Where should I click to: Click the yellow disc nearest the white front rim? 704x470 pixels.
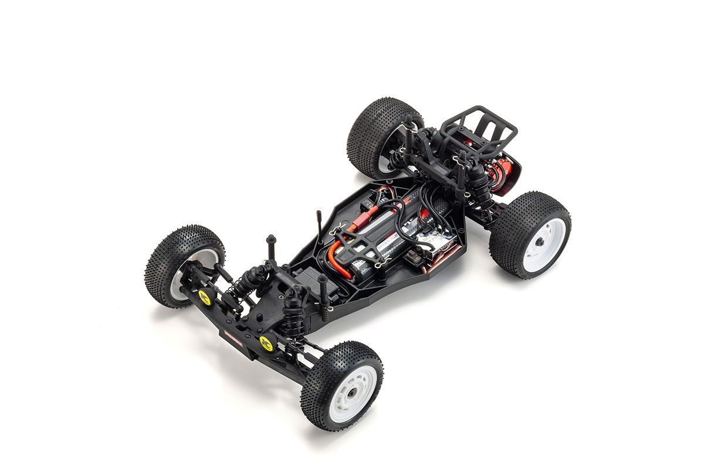tap(267, 343)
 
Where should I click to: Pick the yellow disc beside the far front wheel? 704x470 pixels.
tap(205, 297)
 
